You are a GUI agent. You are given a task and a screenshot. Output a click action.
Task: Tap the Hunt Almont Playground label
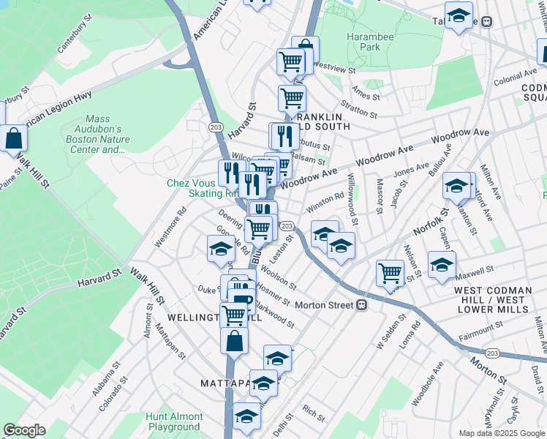[173, 421]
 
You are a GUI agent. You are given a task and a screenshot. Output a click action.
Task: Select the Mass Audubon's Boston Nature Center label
[107, 134]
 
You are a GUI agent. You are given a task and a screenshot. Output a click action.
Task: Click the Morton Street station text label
[320, 304]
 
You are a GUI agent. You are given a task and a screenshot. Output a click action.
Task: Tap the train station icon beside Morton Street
[361, 305]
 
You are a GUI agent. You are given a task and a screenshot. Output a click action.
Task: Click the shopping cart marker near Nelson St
[391, 274]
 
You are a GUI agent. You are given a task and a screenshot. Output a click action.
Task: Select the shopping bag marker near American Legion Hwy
[13, 138]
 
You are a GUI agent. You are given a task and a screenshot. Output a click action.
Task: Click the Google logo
[24, 430]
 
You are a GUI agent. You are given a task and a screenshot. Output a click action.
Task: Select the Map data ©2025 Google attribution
[501, 433]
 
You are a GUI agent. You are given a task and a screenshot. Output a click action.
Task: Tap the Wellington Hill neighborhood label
[204, 318]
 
